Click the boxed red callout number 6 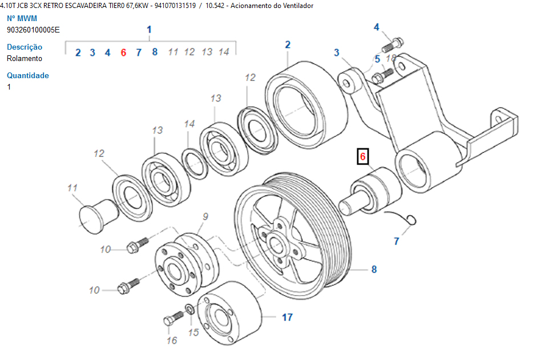[x=363, y=156]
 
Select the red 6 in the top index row [x=123, y=52]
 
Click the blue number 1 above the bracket [x=150, y=30]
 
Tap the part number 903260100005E [x=33, y=30]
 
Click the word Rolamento [x=25, y=58]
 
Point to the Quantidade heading [x=28, y=75]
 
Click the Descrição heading [x=25, y=47]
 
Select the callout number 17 [x=287, y=317]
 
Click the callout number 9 [x=205, y=216]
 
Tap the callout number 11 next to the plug [x=72, y=187]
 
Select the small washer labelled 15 [x=188, y=311]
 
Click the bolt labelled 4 [x=394, y=43]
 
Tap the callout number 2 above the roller [x=288, y=45]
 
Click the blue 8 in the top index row [x=155, y=52]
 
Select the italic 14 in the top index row [x=224, y=52]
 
